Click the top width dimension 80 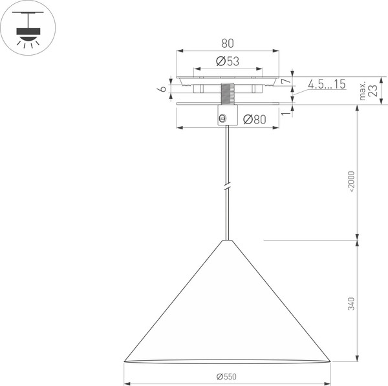[227, 43]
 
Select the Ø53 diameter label [227, 61]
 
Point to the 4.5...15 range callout [326, 84]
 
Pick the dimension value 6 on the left [164, 89]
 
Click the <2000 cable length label [351, 182]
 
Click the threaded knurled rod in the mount [227, 93]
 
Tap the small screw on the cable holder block [222, 118]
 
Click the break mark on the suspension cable [227, 187]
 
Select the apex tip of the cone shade [227, 241]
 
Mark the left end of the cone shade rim [125, 360]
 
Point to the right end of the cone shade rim [329, 360]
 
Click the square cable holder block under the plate [227, 115]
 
